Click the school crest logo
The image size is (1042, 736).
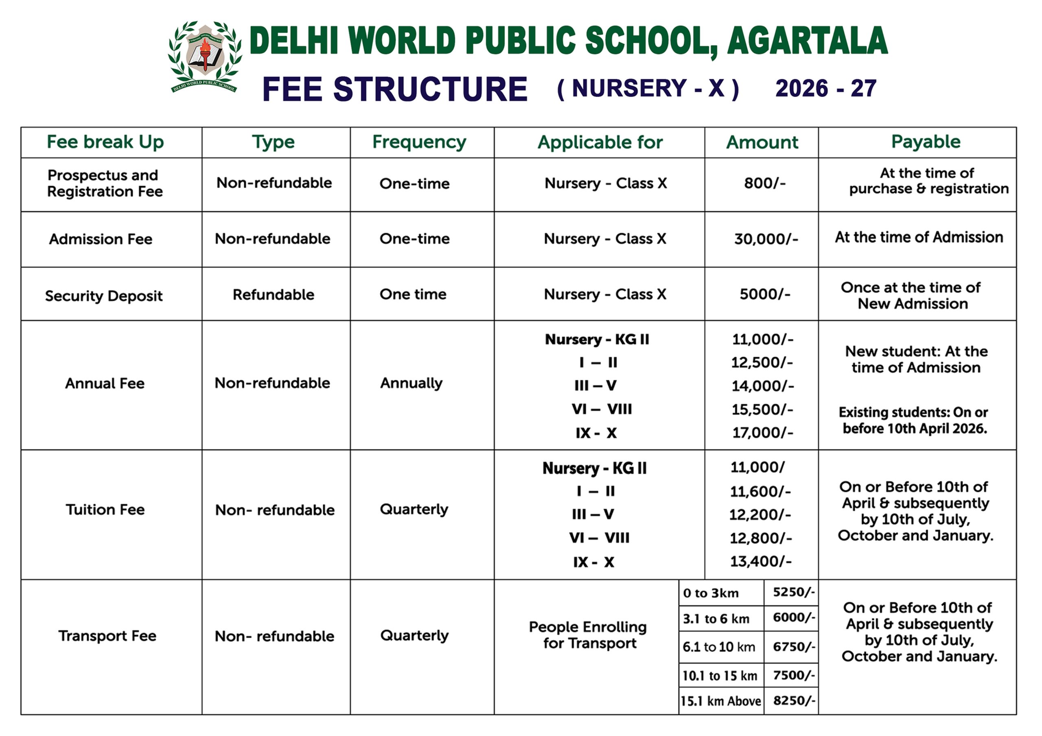(x=205, y=56)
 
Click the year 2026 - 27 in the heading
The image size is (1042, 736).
(x=825, y=88)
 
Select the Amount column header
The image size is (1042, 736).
(x=762, y=142)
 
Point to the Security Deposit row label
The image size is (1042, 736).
(x=104, y=296)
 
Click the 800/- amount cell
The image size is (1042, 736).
(x=765, y=183)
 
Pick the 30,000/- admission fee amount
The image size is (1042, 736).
(x=766, y=239)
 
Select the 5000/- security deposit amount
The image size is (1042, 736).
(x=765, y=294)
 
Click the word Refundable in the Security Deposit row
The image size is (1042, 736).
(x=273, y=295)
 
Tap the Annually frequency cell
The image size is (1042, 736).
(x=411, y=383)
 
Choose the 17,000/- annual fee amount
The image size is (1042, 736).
(x=762, y=433)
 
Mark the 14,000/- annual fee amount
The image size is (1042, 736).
(x=762, y=386)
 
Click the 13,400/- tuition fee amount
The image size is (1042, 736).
(x=761, y=562)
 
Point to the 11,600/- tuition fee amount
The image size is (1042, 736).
(x=760, y=491)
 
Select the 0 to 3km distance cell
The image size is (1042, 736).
(x=711, y=593)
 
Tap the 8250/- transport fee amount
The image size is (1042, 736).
(x=794, y=701)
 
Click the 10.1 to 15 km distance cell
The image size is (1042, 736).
(x=720, y=676)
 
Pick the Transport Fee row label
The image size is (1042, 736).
(x=107, y=636)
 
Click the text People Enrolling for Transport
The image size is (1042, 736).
(x=588, y=635)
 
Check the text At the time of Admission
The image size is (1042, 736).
(x=919, y=237)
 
